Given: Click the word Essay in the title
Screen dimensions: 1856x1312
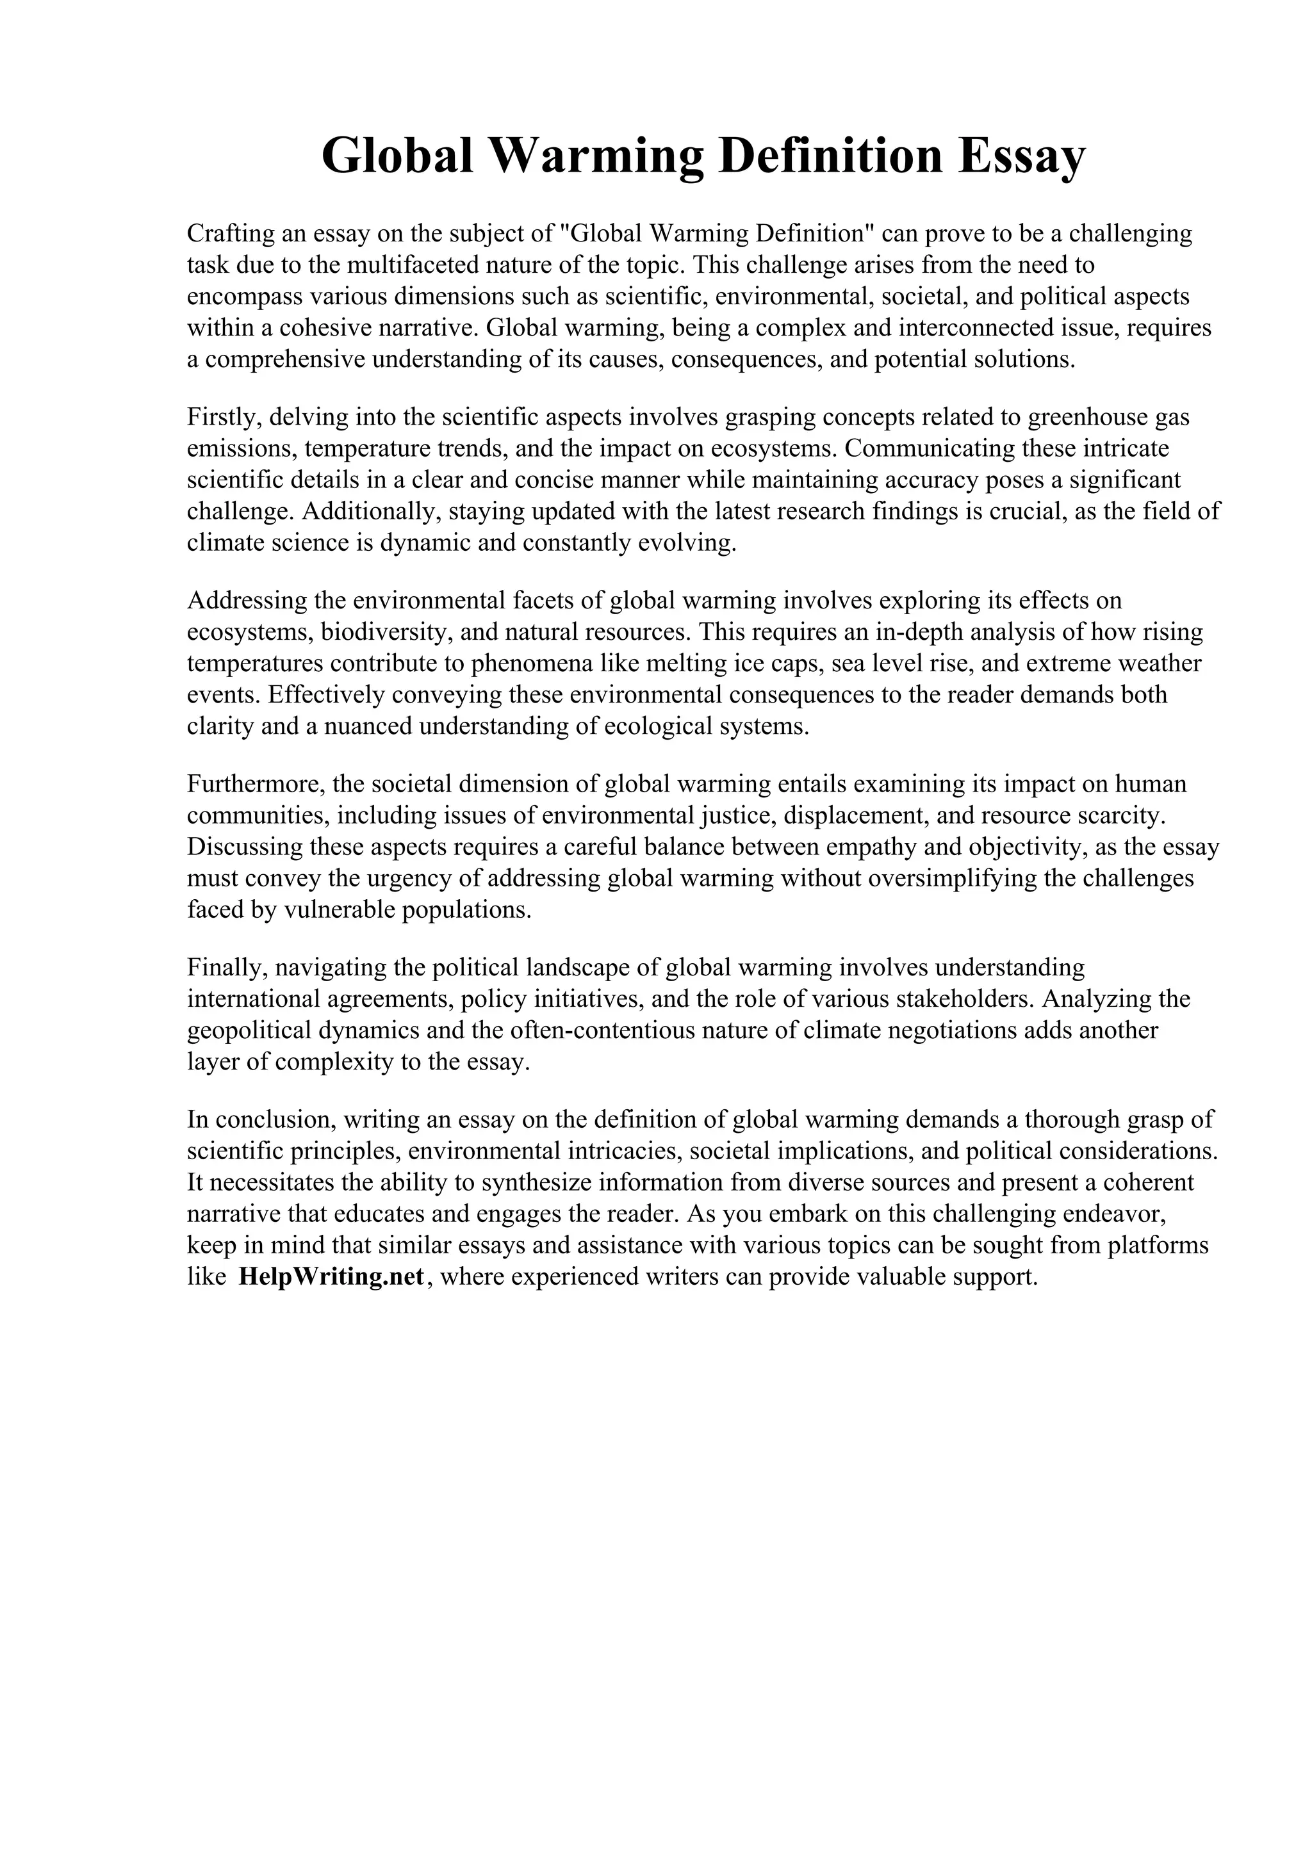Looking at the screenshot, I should tap(1022, 156).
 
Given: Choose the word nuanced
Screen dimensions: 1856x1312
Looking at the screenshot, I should tap(368, 727).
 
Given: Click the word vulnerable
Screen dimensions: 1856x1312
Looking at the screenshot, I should tap(339, 910).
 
